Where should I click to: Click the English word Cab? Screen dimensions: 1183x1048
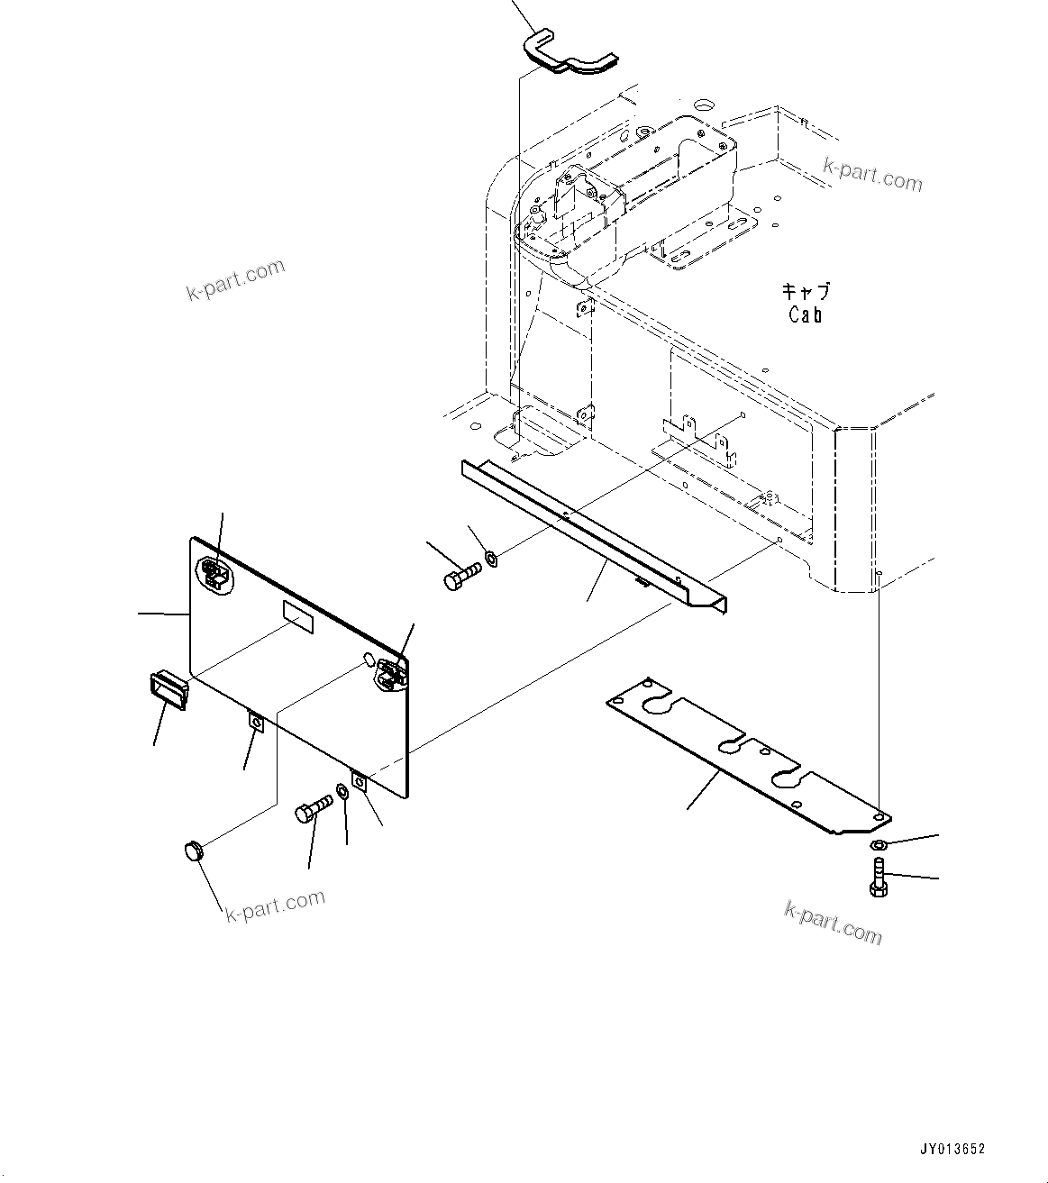pos(805,315)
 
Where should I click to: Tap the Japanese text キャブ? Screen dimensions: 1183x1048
pos(805,292)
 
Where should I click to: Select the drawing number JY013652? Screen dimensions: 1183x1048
pos(952,1149)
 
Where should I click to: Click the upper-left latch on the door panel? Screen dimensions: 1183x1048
pos(213,573)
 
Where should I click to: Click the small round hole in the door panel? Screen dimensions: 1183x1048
pos(368,659)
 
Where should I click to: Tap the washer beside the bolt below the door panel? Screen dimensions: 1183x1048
pos(343,793)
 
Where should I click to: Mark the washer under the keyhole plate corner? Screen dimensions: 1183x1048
pos(878,844)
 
